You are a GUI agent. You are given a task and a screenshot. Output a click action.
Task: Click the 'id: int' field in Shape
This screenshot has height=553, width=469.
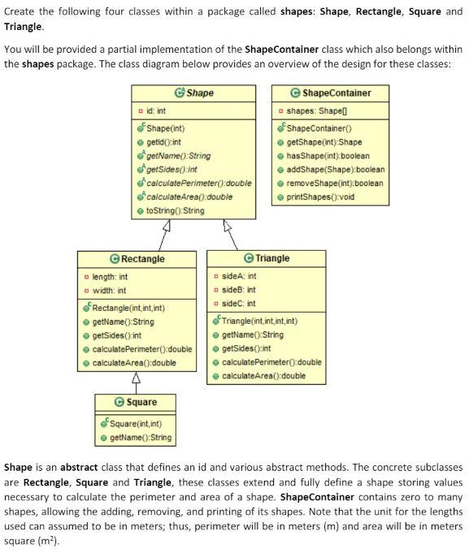154,110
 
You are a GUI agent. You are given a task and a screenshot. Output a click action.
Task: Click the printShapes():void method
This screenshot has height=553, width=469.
320,197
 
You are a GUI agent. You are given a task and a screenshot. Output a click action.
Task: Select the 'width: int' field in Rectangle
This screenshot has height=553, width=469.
109,291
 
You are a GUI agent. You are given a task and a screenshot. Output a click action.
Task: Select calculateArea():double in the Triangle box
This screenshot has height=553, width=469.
263,376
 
